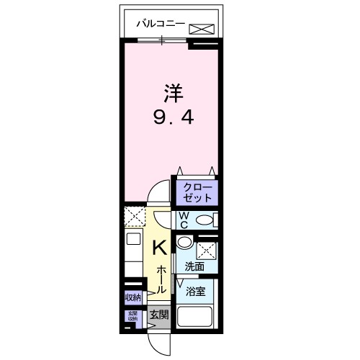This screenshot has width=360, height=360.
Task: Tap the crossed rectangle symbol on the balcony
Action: click(x=202, y=29)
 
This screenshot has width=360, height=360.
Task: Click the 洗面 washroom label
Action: click(x=194, y=266)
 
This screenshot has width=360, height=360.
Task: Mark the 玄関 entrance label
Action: click(x=159, y=314)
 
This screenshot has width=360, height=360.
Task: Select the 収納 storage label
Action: click(x=132, y=297)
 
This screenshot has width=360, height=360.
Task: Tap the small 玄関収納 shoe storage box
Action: click(x=133, y=316)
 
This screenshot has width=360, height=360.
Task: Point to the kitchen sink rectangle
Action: click(x=133, y=240)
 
